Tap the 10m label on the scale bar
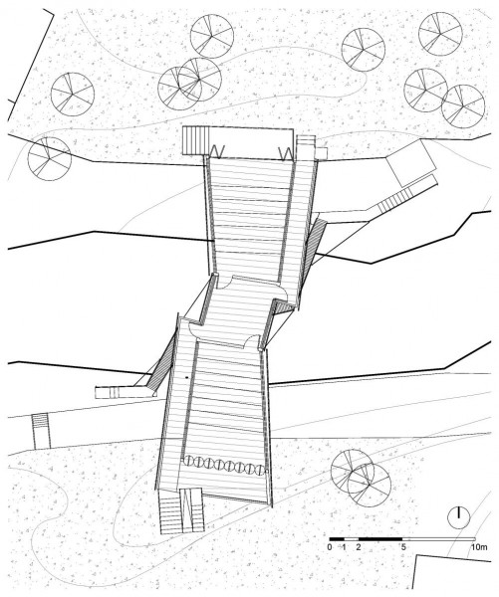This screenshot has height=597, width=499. (480, 547)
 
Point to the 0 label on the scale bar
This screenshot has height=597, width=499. (330, 547)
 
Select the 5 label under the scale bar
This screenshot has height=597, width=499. (403, 547)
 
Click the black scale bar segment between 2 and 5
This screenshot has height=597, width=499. (380, 539)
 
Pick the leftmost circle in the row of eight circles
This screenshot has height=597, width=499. (189, 462)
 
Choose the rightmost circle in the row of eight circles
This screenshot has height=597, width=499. (260, 470)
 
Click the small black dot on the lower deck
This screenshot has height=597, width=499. (187, 377)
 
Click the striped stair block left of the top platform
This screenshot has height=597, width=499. (196, 140)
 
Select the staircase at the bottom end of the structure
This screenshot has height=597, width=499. (182, 510)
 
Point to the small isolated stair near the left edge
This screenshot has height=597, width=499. (41, 430)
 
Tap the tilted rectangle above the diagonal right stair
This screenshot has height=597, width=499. (410, 163)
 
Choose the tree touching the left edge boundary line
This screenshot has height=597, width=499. (50, 159)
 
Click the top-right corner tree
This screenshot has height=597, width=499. (440, 34)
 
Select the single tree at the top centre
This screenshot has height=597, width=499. (212, 37)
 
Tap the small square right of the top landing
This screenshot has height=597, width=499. (322, 153)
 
